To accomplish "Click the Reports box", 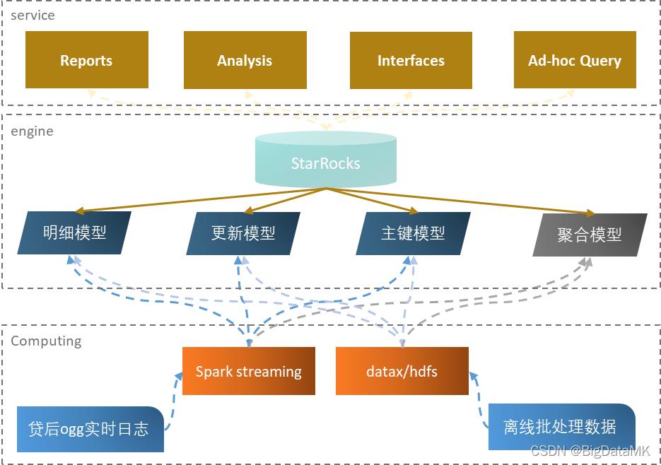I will (86, 60).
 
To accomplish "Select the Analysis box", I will (245, 60).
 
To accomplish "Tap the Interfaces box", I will (411, 60).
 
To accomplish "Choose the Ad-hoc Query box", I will (574, 60).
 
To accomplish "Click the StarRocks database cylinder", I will (325, 162).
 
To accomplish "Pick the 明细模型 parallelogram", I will (75, 232).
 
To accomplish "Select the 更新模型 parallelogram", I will (243, 233).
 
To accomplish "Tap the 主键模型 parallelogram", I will (413, 233).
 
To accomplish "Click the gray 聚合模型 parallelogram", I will (589, 235).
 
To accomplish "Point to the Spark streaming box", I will (248, 371).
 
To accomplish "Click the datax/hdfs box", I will (402, 371).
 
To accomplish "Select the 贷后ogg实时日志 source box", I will (89, 429).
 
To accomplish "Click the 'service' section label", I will (33, 15).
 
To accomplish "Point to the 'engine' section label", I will (32, 131).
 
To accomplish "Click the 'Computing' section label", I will (46, 341).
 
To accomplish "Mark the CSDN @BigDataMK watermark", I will (590, 450).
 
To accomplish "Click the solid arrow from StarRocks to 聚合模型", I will (460, 201).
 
